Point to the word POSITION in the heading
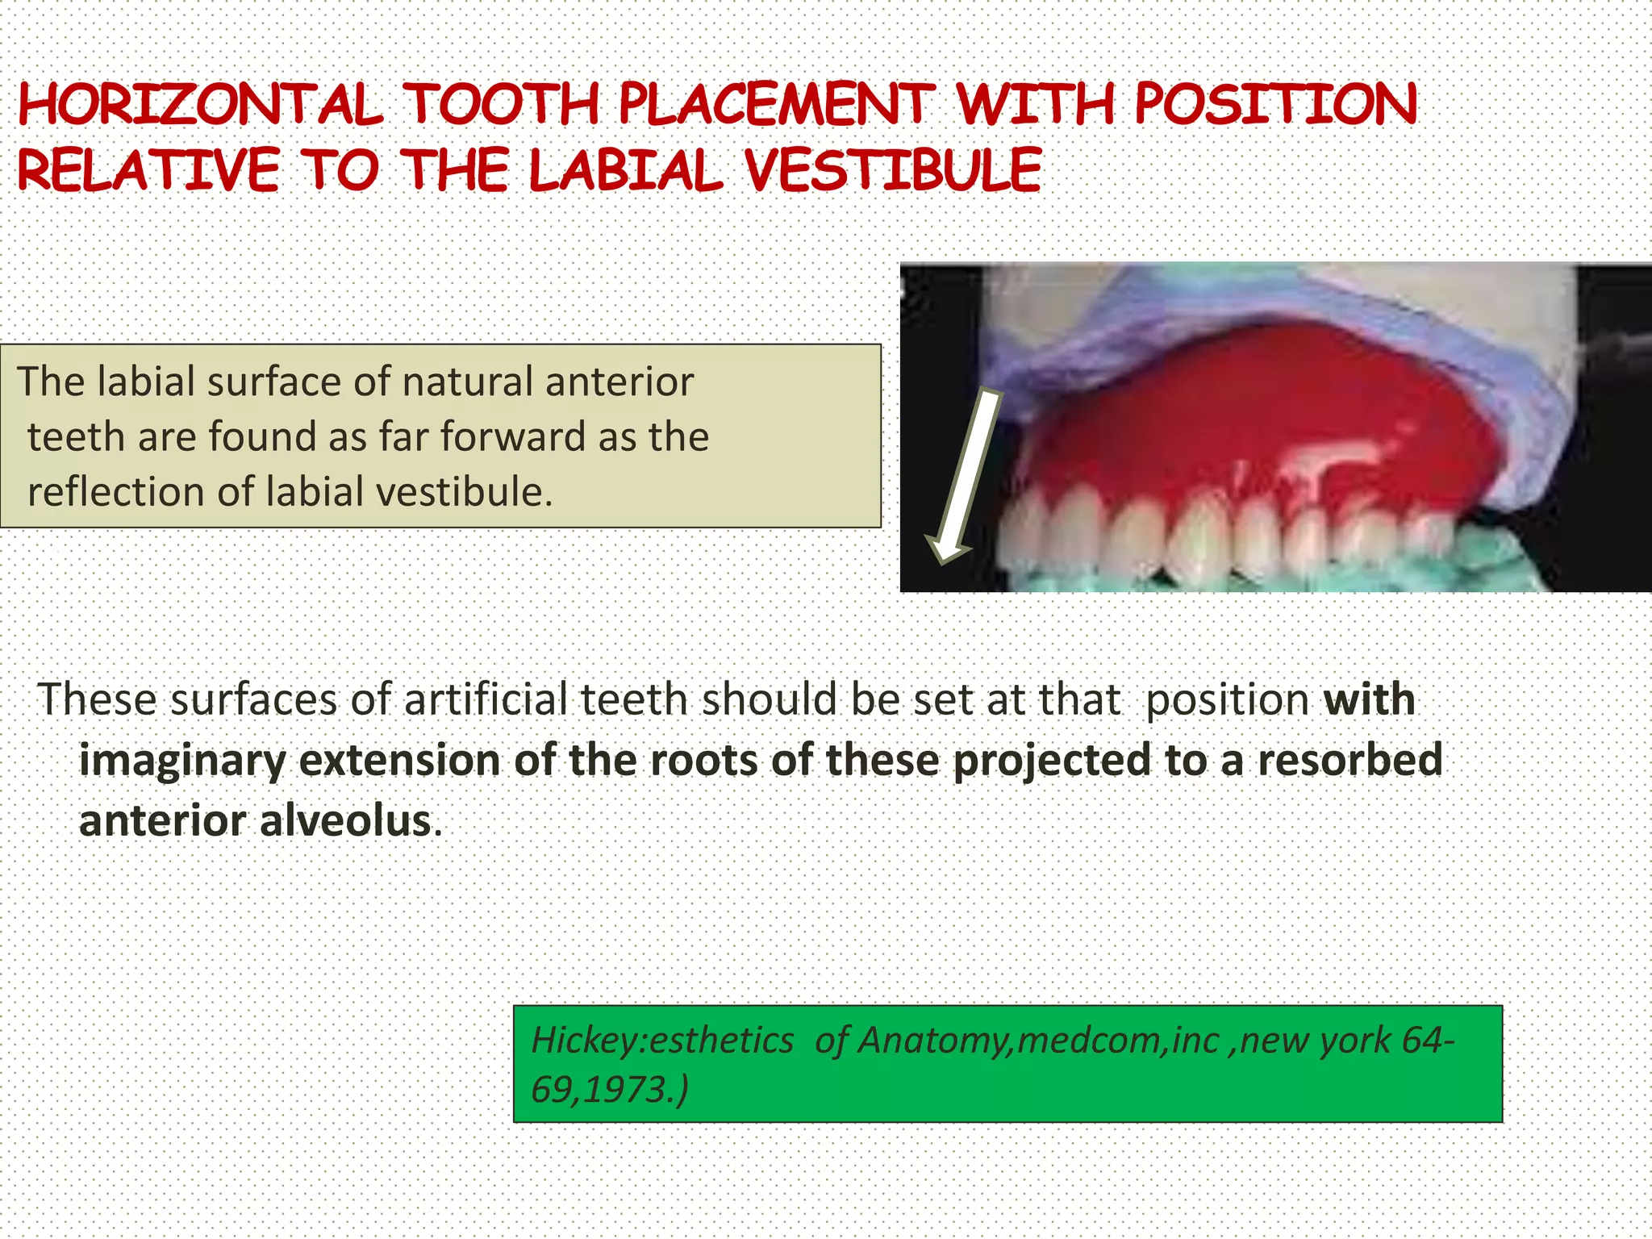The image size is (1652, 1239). click(1275, 105)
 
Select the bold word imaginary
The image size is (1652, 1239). click(182, 760)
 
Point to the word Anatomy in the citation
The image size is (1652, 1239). click(933, 1040)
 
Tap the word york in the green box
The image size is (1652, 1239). click(1355, 1040)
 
